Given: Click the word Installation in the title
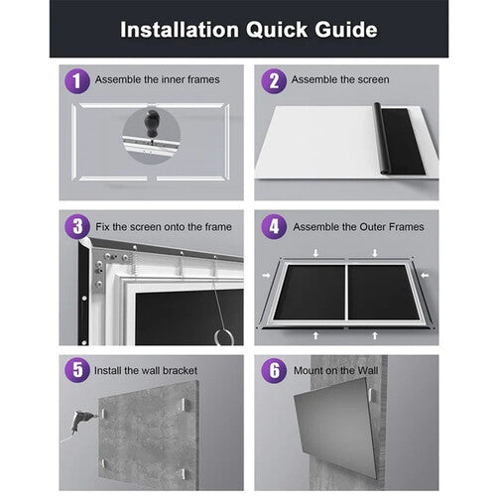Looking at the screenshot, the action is tap(180, 30).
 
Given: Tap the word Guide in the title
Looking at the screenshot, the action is tap(346, 30).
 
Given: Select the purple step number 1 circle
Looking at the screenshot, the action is tap(77, 81).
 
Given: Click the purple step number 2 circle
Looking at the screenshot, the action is tap(274, 81).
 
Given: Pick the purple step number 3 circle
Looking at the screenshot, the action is tap(77, 226).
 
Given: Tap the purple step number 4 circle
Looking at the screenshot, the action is tap(274, 226).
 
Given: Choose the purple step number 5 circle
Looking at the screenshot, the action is tap(77, 370).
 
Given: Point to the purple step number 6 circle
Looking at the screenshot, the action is tap(274, 370).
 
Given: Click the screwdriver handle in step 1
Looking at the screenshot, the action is tap(152, 121).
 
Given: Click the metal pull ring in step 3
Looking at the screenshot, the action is tap(224, 337).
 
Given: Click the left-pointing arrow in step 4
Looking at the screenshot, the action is tap(425, 275).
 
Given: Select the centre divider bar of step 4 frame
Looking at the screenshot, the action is tap(346, 293).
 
